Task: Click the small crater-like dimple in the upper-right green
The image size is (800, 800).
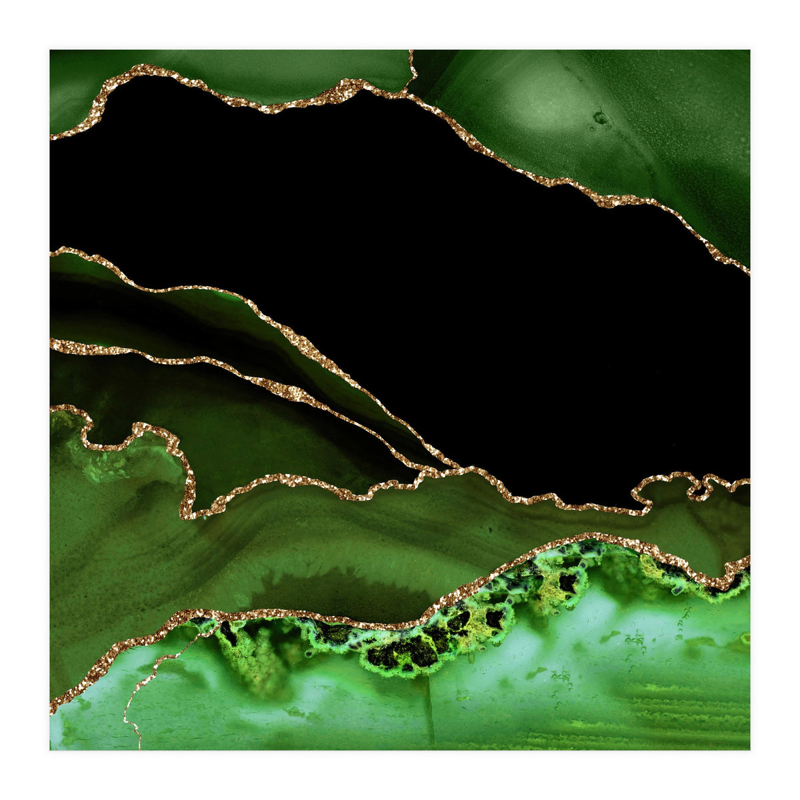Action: [x=601, y=119]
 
